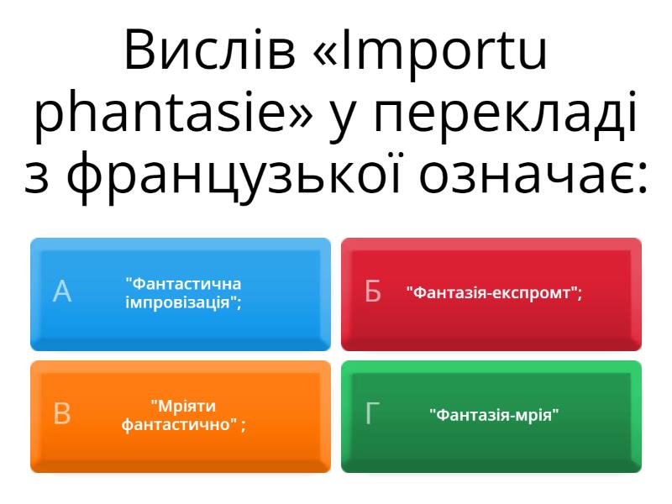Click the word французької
coord(234,174)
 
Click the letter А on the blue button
coord(62,291)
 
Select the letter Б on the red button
coord(372,291)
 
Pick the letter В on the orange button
coord(61,413)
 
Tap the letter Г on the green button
coord(372,413)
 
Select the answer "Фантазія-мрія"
coord(494,415)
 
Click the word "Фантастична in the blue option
coord(183,284)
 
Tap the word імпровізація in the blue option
coord(177,303)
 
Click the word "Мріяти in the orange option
coord(183,406)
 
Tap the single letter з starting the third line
coord(36,178)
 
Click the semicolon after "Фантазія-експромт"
coord(580,295)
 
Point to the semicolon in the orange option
coord(244,426)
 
